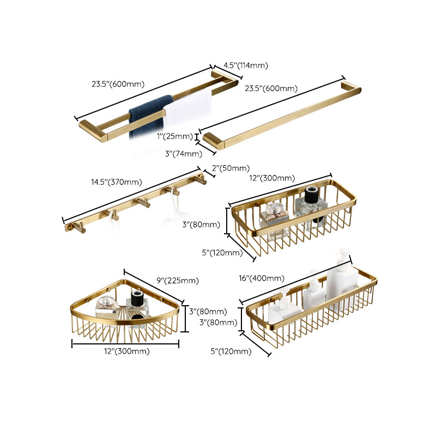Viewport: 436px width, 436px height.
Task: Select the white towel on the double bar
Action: pos(187,112)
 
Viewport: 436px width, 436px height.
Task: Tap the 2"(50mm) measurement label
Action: pos(231,168)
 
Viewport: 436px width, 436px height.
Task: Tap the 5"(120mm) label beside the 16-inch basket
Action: pos(232,352)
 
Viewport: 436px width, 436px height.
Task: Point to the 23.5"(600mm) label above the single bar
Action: pos(271,88)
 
